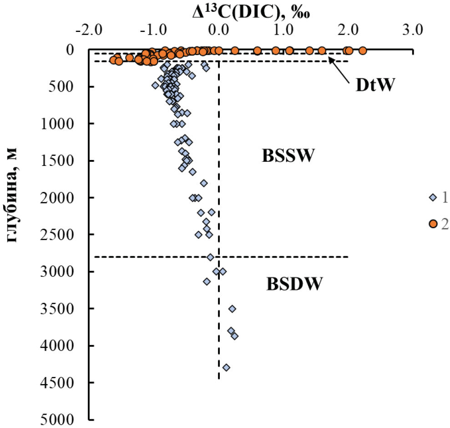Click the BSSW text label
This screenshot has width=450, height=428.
click(288, 157)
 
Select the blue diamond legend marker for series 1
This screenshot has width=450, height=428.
click(433, 197)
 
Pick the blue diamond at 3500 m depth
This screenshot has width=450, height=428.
click(232, 309)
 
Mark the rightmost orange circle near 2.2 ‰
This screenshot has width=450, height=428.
click(362, 51)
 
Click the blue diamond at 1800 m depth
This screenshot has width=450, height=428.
click(204, 183)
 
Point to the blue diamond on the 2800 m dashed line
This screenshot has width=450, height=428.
click(210, 257)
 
